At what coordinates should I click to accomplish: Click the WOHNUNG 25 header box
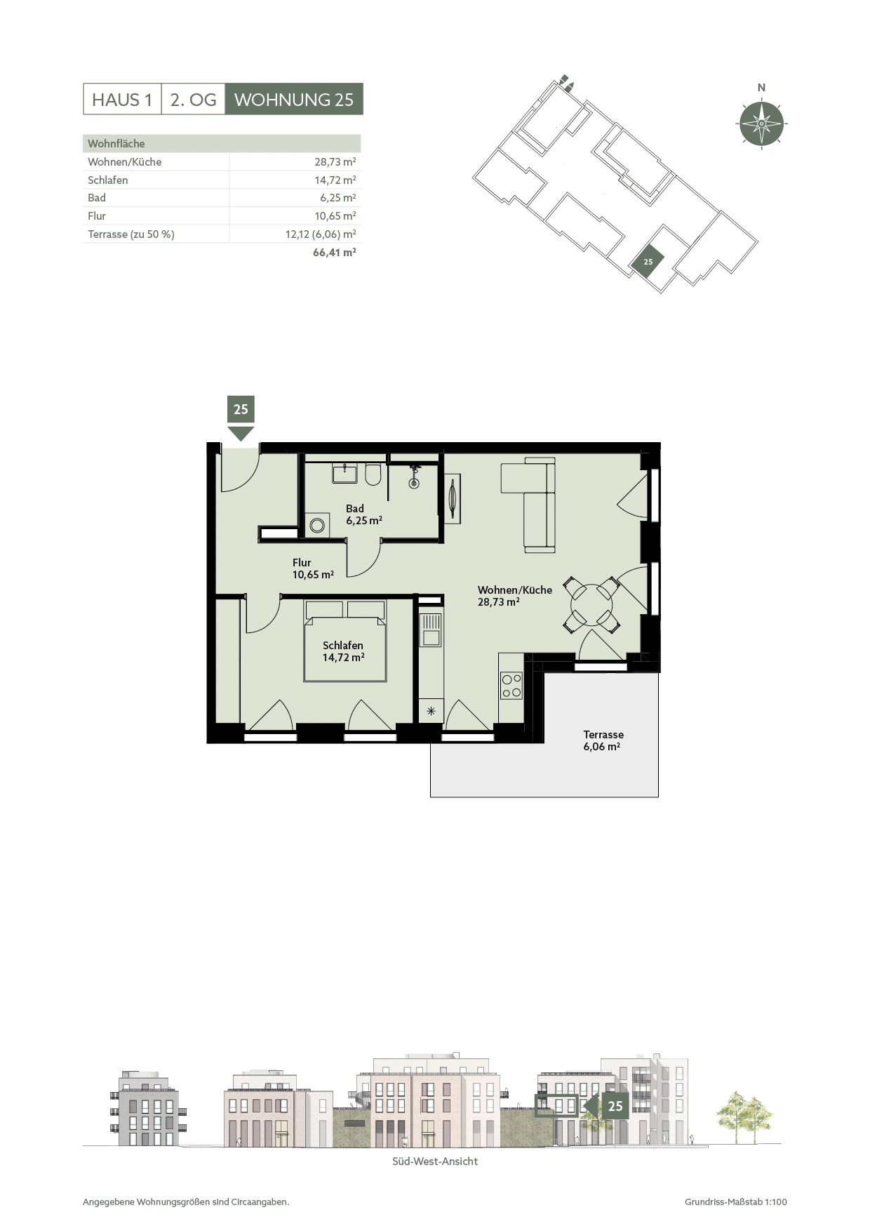coord(294,100)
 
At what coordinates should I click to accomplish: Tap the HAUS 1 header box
coord(122,100)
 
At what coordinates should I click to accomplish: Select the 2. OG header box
coord(193,100)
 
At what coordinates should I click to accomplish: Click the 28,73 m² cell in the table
coord(335,161)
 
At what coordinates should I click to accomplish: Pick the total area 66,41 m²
coord(335,252)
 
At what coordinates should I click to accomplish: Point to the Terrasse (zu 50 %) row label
coord(131,234)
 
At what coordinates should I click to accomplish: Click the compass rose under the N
coord(761,124)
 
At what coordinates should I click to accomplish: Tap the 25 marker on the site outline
coord(648,262)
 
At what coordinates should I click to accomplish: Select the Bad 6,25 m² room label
coord(363,514)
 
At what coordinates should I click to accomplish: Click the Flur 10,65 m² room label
coord(313,568)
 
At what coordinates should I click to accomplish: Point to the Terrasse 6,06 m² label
coord(603,740)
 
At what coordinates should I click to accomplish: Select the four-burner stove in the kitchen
coord(511,686)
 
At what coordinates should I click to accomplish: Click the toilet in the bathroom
coord(373,474)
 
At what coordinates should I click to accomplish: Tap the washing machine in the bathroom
coord(317,525)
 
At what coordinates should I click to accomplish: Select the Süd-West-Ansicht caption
coord(435,1162)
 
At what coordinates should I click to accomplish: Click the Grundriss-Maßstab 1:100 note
coord(736,1202)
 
